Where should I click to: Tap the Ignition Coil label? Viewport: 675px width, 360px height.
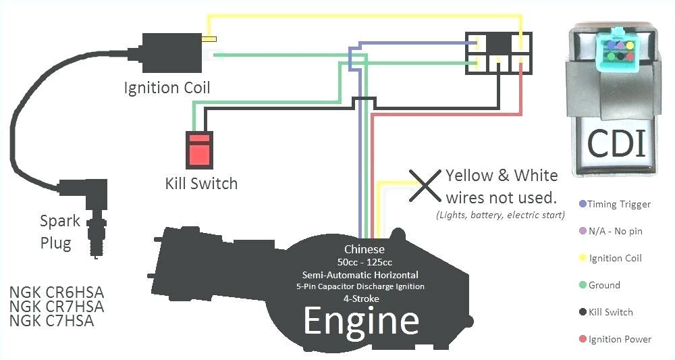167,88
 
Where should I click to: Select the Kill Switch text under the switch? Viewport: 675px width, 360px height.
201,183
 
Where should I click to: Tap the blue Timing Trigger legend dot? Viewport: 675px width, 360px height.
583,204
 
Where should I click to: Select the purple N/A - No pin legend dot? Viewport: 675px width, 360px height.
583,231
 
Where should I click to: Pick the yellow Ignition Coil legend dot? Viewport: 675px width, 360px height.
583,258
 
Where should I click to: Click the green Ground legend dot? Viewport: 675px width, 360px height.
583,285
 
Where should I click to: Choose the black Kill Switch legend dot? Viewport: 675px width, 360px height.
583,312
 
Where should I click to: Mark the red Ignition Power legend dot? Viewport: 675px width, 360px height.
583,339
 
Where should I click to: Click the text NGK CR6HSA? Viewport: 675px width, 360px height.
57,293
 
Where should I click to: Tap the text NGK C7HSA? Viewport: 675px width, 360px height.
51,321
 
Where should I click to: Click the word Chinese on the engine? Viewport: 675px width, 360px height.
364,249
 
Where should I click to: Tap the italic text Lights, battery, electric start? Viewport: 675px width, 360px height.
500,215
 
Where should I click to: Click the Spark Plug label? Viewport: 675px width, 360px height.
59,232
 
